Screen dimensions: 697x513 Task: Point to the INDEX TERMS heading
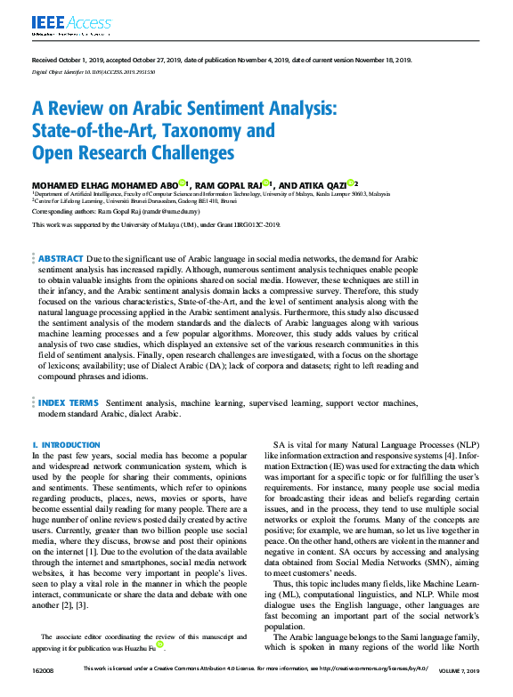(68, 403)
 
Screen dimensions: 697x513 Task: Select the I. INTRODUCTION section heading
(66, 444)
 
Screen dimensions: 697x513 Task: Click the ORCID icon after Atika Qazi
(351, 182)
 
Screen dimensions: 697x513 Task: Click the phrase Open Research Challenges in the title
(133, 153)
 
